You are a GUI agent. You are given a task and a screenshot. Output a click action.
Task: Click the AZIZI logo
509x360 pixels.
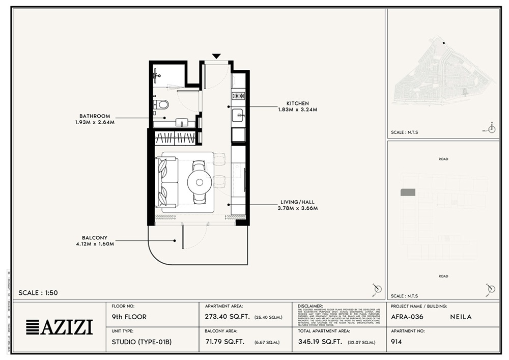(60, 326)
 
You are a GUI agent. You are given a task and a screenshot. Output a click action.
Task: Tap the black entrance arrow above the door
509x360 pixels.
(216, 56)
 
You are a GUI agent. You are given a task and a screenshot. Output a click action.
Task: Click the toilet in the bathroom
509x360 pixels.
(162, 105)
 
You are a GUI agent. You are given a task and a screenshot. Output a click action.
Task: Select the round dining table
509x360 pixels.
(199, 181)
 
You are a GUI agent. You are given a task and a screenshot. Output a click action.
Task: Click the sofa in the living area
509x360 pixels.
(167, 182)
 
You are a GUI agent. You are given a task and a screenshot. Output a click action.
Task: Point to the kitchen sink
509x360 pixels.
(238, 115)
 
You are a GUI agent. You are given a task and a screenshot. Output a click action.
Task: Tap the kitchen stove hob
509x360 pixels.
(238, 96)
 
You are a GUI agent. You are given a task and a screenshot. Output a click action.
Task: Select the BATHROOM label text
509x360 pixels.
(94, 116)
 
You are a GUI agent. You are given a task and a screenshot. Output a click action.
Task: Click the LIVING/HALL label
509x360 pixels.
(297, 202)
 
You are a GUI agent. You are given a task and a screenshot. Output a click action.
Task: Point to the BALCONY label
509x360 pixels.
(95, 237)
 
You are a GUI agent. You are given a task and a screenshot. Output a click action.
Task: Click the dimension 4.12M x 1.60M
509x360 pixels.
(94, 244)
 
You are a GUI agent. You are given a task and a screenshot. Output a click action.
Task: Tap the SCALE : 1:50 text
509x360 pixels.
(38, 293)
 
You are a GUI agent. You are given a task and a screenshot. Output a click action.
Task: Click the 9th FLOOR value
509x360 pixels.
(129, 317)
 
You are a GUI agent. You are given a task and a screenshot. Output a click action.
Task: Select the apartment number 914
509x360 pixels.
(397, 342)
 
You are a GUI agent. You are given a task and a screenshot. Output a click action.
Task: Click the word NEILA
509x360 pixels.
(461, 317)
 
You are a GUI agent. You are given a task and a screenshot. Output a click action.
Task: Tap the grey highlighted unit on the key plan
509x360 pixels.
(408, 192)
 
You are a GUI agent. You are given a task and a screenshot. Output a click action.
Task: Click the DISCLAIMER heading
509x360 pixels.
(310, 306)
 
